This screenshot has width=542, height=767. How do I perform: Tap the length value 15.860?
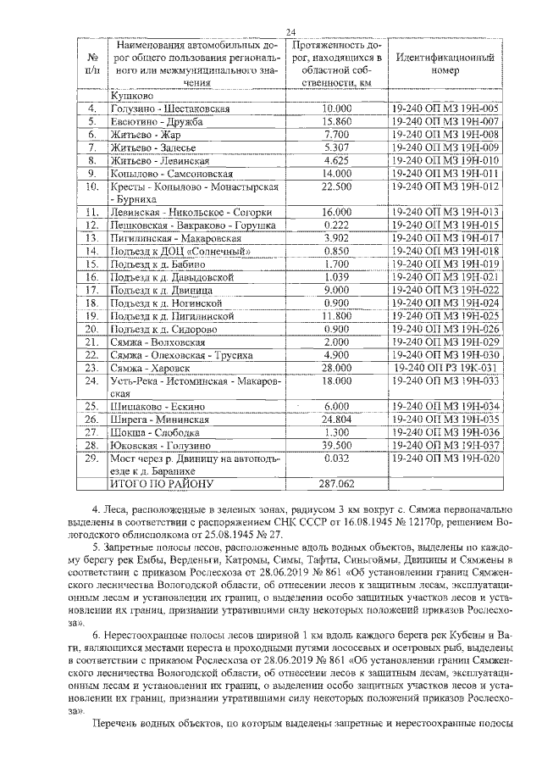tap(336, 122)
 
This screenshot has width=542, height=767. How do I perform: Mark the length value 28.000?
tap(336, 369)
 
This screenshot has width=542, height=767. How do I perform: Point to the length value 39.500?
tap(336, 444)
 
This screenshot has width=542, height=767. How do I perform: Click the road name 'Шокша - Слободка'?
tap(151, 431)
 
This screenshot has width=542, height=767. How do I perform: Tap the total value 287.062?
tap(336, 483)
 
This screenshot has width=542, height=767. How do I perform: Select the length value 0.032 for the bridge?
tap(336, 458)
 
